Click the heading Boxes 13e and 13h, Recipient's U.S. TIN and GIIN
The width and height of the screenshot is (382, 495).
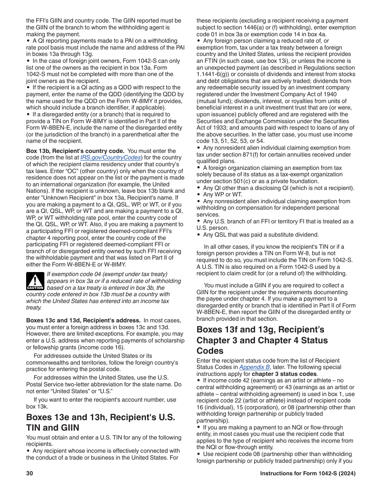101,422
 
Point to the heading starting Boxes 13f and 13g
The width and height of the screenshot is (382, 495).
262,340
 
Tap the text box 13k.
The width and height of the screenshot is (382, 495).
36,406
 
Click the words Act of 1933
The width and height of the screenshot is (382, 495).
212,128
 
